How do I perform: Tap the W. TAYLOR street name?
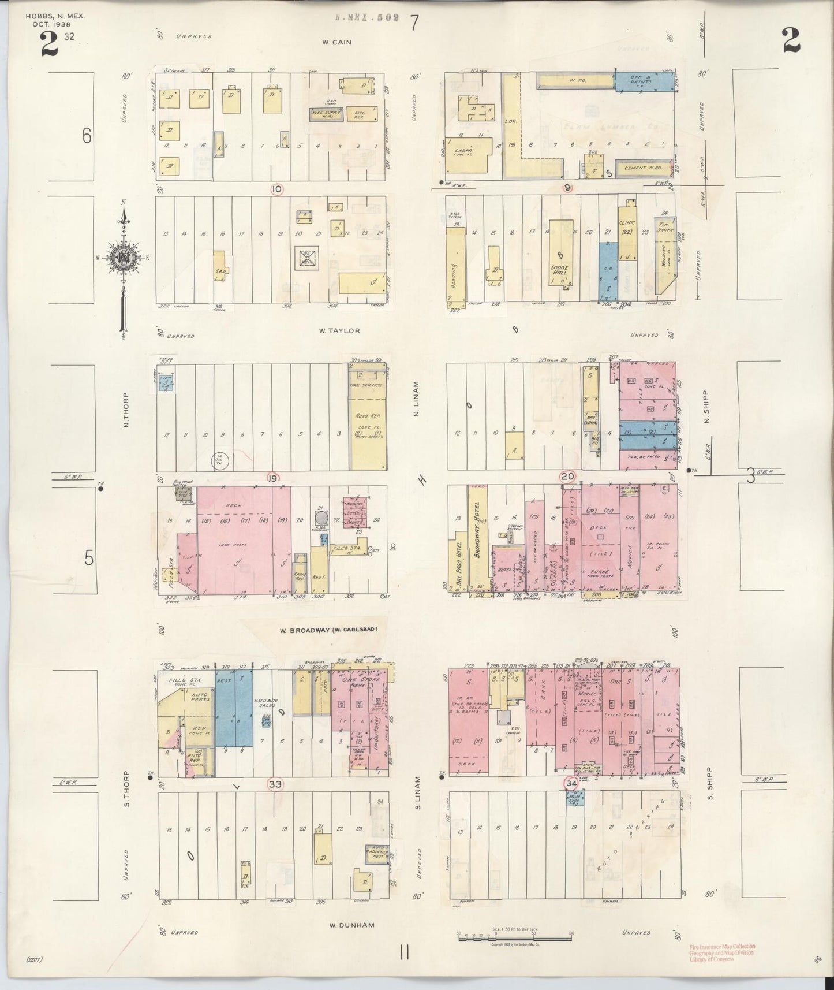tap(340, 331)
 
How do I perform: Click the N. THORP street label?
tap(126, 411)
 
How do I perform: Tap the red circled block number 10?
tap(278, 188)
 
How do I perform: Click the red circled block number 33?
tap(275, 784)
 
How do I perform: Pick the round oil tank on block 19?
tap(220, 460)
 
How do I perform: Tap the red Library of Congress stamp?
tap(722, 954)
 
